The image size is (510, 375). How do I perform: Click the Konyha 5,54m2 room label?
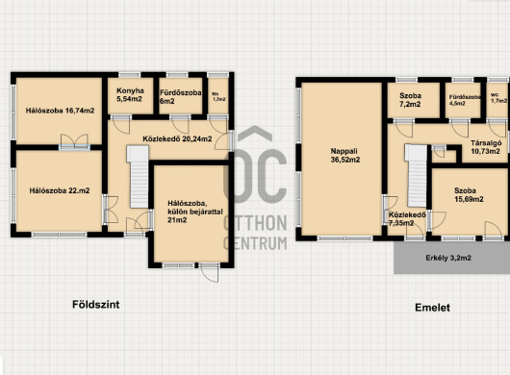tap(130, 95)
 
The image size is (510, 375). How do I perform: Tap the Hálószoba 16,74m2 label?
tap(61, 111)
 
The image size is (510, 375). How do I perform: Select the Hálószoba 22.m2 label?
tap(60, 190)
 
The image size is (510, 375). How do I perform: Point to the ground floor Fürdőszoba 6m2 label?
tap(181, 97)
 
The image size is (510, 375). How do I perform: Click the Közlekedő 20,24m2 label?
tap(177, 138)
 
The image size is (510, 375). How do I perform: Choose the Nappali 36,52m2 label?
tap(345, 156)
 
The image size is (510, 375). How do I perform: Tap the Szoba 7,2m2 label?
tap(410, 100)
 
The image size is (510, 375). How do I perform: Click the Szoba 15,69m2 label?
tap(469, 194)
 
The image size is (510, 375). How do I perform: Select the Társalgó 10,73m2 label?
tap(486, 147)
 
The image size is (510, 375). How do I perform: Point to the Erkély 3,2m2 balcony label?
tap(448, 258)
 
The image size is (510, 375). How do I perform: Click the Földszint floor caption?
tap(96, 305)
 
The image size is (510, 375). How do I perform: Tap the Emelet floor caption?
tap(432, 308)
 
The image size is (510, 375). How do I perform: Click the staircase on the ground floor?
tap(139, 177)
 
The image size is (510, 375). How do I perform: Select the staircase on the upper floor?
tap(416, 175)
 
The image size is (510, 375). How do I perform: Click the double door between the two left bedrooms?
tap(74, 142)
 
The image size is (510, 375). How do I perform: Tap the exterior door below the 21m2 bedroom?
tap(209, 273)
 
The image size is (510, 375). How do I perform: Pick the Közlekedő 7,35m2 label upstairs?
tap(407, 218)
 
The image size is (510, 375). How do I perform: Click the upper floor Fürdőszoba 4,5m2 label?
tap(465, 100)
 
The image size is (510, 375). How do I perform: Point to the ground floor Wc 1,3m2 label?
tap(218, 96)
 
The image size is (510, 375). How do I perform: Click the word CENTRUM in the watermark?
tap(255, 243)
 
